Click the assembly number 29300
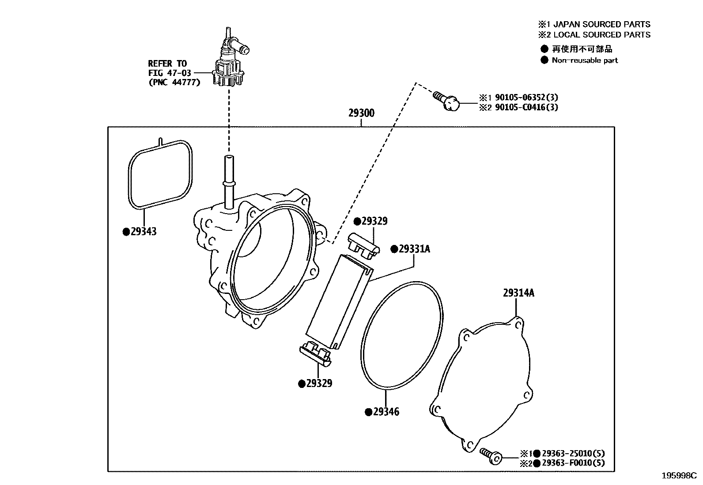[361, 113]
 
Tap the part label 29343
[144, 232]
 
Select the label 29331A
[414, 249]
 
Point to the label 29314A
[518, 293]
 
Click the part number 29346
[386, 412]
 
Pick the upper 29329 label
[374, 221]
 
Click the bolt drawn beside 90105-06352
[447, 100]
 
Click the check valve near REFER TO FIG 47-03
[231, 62]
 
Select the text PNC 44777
[174, 82]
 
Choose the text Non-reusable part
[585, 60]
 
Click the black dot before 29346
[368, 412]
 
